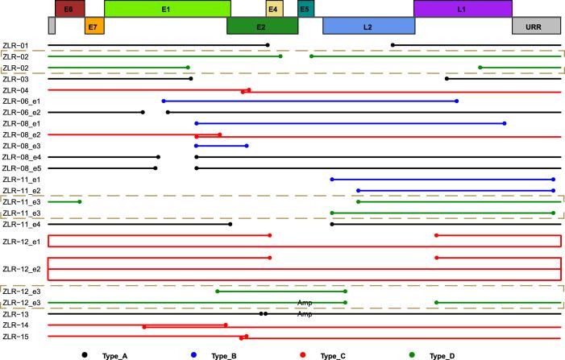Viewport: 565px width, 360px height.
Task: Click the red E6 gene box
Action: (69, 9)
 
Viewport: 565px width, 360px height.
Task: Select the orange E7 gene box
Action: (93, 26)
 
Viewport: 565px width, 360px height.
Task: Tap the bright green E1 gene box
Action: (167, 9)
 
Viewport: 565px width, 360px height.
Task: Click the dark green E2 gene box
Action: (262, 26)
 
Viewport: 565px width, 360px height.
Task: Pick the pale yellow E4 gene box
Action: (274, 9)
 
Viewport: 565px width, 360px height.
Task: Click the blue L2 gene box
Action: (368, 26)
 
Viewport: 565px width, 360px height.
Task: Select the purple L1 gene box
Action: (462, 9)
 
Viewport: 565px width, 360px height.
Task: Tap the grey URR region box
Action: (536, 26)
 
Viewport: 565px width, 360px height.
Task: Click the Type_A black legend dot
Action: (84, 354)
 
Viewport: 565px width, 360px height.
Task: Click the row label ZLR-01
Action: (15, 45)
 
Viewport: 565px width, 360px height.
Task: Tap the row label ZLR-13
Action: (15, 314)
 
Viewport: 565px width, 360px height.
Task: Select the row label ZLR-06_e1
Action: (21, 101)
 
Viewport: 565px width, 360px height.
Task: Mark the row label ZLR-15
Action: (15, 337)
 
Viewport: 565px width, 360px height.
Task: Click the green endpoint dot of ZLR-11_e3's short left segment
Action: (79, 202)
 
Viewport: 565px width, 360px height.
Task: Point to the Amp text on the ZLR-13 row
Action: (305, 314)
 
